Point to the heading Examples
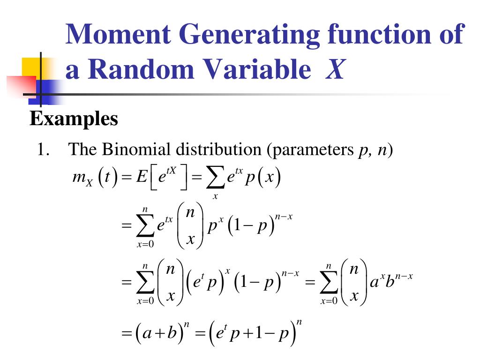(74, 119)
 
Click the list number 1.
(43, 150)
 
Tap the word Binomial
(138, 150)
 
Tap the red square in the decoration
(21, 87)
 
